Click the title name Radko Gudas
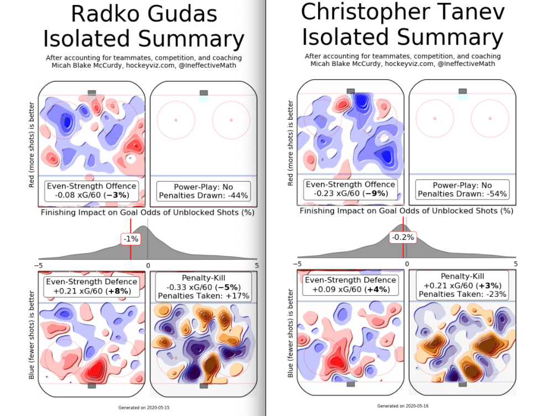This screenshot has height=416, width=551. coord(144,14)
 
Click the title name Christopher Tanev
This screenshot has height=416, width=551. coord(403,12)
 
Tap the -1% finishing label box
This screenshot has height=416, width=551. coord(131,238)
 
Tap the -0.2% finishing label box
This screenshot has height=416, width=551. coord(403,237)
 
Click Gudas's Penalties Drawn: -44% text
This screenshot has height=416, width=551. coord(203,196)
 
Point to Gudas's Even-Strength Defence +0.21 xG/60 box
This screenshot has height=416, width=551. coord(91,285)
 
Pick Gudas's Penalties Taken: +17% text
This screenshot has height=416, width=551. coord(203,295)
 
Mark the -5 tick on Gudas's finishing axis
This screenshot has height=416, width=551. coord(39,266)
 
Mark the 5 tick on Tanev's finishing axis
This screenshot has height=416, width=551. coord(516,264)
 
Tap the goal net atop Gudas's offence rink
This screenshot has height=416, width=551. coord(92,93)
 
